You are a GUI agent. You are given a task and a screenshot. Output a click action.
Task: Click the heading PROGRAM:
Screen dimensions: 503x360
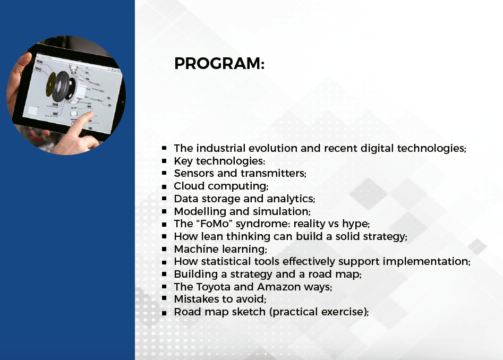coord(219,64)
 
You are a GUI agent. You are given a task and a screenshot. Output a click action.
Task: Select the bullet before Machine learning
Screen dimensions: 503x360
coord(164,249)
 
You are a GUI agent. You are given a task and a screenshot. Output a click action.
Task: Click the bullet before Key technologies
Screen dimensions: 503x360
coord(164,161)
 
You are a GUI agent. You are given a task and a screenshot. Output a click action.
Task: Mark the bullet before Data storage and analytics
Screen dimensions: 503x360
coord(164,199)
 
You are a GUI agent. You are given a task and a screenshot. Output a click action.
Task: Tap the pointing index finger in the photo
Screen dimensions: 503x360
coord(81,123)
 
